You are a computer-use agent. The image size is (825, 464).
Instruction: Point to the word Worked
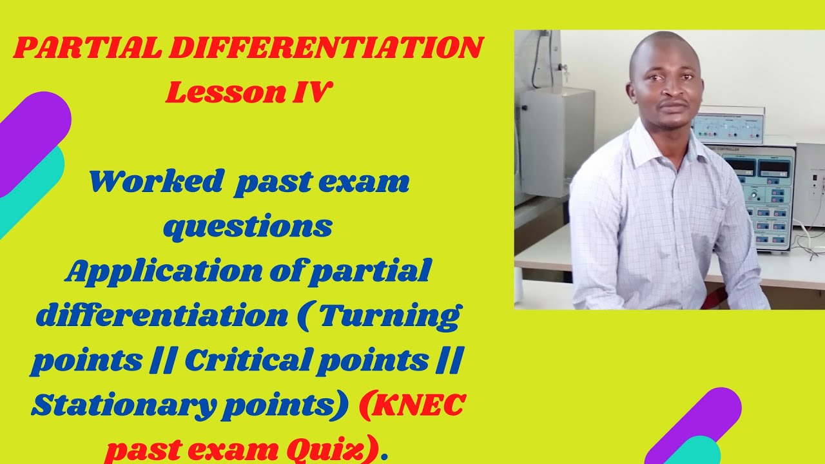pyautogui.click(x=155, y=182)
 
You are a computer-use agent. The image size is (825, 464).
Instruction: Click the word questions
pyautogui.click(x=248, y=226)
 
